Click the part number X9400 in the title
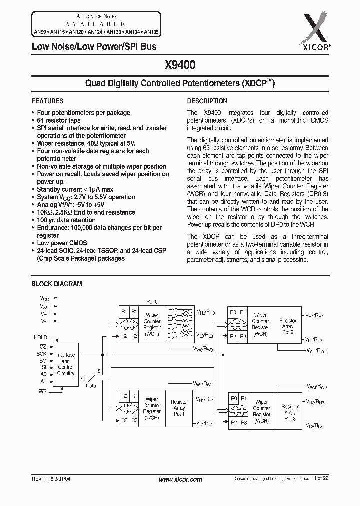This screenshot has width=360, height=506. pyautogui.click(x=180, y=65)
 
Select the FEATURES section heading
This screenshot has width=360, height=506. pyautogui.click(x=48, y=101)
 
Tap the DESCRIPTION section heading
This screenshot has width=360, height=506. pyautogui.click(x=207, y=101)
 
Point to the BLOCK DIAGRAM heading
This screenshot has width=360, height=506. pyautogui.click(x=57, y=284)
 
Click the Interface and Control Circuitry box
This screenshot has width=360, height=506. pyautogui.click(x=65, y=364)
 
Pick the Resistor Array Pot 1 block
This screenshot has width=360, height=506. pyautogui.click(x=179, y=408)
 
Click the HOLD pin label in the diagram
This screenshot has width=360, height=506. pyautogui.click(x=41, y=337)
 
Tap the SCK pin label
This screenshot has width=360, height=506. pyautogui.click(x=42, y=353)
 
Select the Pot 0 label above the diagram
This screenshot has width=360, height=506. pyautogui.click(x=152, y=302)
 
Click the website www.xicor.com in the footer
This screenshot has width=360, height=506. pyautogui.click(x=180, y=479)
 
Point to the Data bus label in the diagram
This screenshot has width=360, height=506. pyautogui.click(x=91, y=386)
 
